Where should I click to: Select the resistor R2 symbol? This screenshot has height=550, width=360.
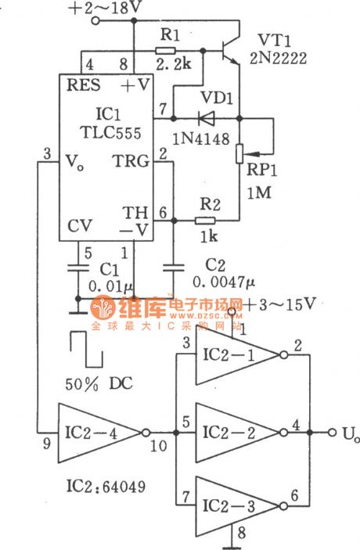point(205,222)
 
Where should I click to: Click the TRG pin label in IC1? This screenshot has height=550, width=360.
point(130,161)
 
